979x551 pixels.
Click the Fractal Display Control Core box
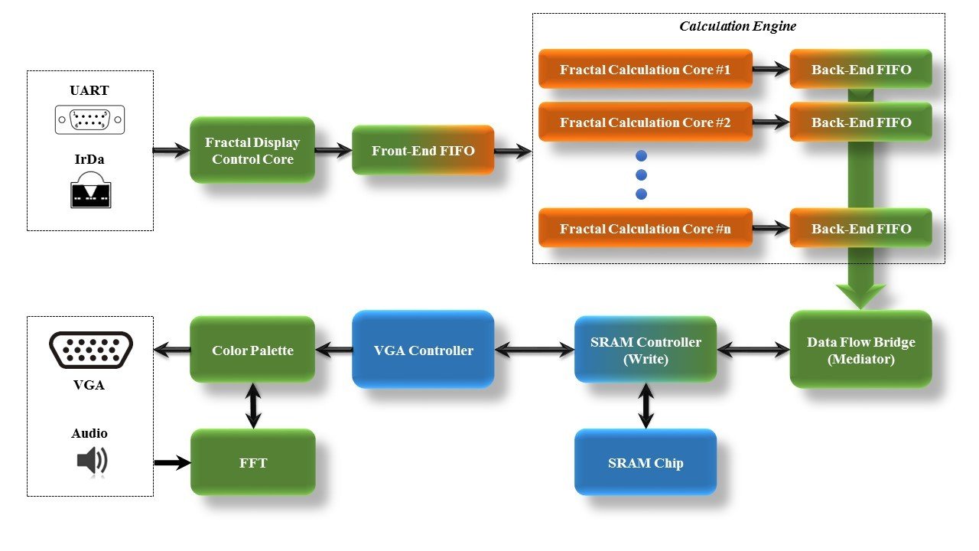252,150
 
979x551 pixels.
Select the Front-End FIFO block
423,150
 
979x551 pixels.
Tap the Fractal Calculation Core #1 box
645,70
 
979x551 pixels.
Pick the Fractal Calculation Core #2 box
645,122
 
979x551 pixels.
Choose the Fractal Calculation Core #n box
645,228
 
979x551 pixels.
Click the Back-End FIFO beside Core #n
860,228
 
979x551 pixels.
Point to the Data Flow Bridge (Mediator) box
860,350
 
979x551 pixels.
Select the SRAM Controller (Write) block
646,350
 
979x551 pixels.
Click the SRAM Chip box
646,462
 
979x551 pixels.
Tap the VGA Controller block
423,350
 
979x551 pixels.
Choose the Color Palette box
252,350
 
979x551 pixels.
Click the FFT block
252,462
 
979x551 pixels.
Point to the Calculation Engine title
738,26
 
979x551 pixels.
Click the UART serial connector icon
89,120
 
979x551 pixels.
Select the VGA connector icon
90,350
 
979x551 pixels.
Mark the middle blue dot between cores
641,174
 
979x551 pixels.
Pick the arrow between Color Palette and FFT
253,405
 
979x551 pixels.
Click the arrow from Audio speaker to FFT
171,462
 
